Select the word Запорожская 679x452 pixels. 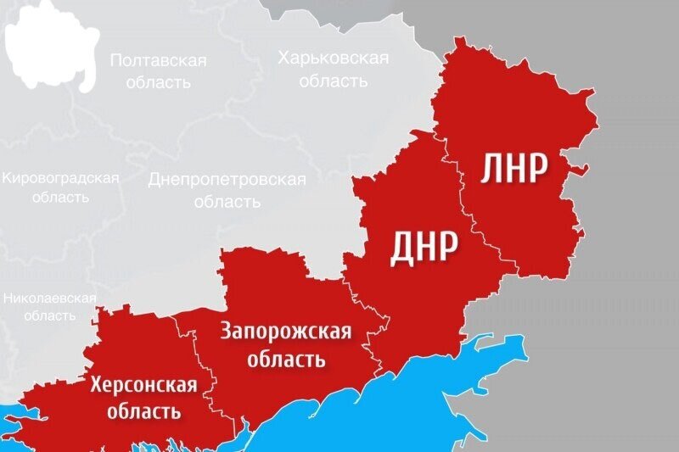(285, 332)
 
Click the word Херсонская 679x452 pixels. (143, 387)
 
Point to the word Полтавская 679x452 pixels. (159, 61)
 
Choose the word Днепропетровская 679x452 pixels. (227, 180)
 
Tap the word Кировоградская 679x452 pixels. (60, 179)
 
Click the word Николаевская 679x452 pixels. (48, 299)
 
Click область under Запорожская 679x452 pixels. (286, 359)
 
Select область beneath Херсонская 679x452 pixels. (143, 412)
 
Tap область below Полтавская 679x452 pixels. (159, 83)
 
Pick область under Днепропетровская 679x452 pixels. (227, 203)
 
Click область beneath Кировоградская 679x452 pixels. (59, 198)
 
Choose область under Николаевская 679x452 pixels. (49, 315)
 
